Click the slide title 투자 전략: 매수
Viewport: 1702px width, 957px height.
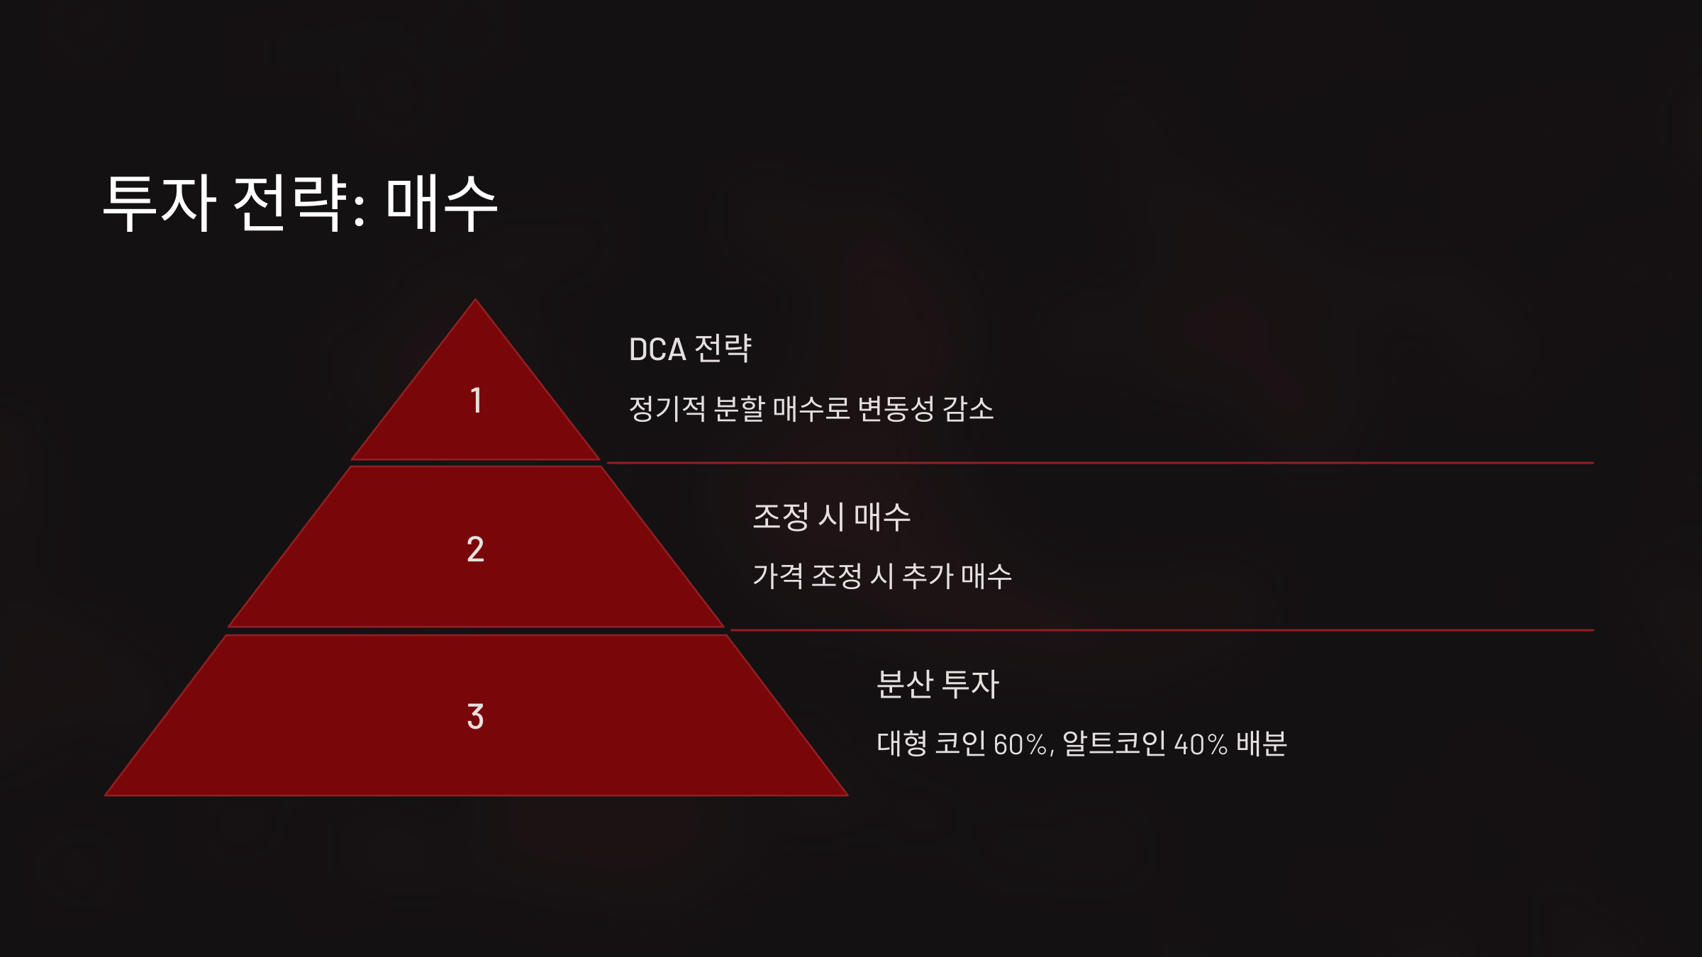[300, 203]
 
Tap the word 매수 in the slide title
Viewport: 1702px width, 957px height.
[441, 203]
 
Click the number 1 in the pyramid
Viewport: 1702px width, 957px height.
[476, 401]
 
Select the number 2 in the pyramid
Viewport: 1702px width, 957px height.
[476, 549]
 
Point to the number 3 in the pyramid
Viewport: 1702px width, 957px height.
[476, 717]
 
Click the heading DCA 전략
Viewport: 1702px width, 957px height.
[689, 349]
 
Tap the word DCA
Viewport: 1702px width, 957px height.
[657, 349]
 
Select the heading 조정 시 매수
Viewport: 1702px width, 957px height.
[831, 517]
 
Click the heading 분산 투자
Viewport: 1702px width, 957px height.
[938, 684]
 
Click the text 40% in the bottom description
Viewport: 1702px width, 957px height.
[1201, 744]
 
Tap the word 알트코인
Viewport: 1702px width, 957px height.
[1113, 744]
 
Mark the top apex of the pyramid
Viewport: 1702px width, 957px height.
[476, 301]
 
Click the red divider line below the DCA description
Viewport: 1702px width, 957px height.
[1099, 463]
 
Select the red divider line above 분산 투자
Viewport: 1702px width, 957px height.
[1163, 629]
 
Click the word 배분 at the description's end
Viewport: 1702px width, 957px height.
[1261, 744]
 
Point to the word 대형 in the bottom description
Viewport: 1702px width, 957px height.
[901, 744]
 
